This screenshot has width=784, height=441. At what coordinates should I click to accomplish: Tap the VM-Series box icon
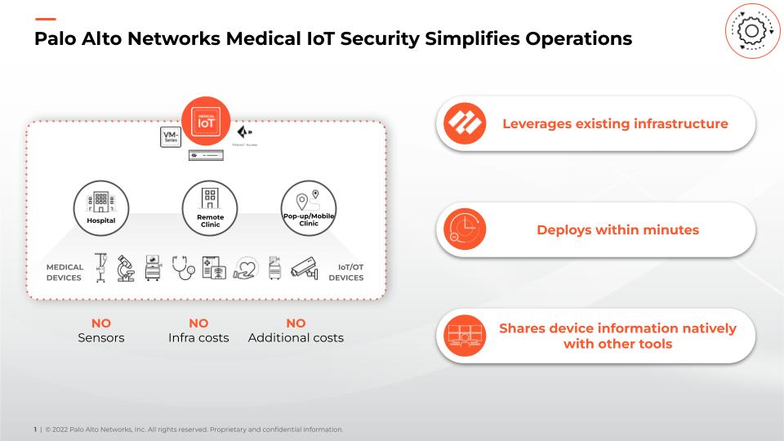(x=171, y=136)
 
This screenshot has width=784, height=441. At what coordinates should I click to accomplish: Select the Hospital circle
(x=101, y=208)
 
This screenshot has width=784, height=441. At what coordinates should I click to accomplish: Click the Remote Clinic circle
(x=210, y=208)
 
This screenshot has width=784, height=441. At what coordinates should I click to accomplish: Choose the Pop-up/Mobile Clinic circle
(x=308, y=208)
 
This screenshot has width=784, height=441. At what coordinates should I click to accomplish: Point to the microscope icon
(x=126, y=267)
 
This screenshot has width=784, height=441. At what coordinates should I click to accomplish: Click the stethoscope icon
(x=185, y=266)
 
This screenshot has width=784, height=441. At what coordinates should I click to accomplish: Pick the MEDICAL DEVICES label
(x=64, y=272)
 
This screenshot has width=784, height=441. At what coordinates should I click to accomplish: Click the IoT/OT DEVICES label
(x=346, y=272)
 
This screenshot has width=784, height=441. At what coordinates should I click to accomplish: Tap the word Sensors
(x=101, y=337)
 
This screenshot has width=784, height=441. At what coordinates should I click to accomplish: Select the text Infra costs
(x=198, y=337)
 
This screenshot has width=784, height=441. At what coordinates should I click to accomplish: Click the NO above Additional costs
(x=296, y=323)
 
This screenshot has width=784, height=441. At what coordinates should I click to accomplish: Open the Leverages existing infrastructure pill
(x=595, y=124)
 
